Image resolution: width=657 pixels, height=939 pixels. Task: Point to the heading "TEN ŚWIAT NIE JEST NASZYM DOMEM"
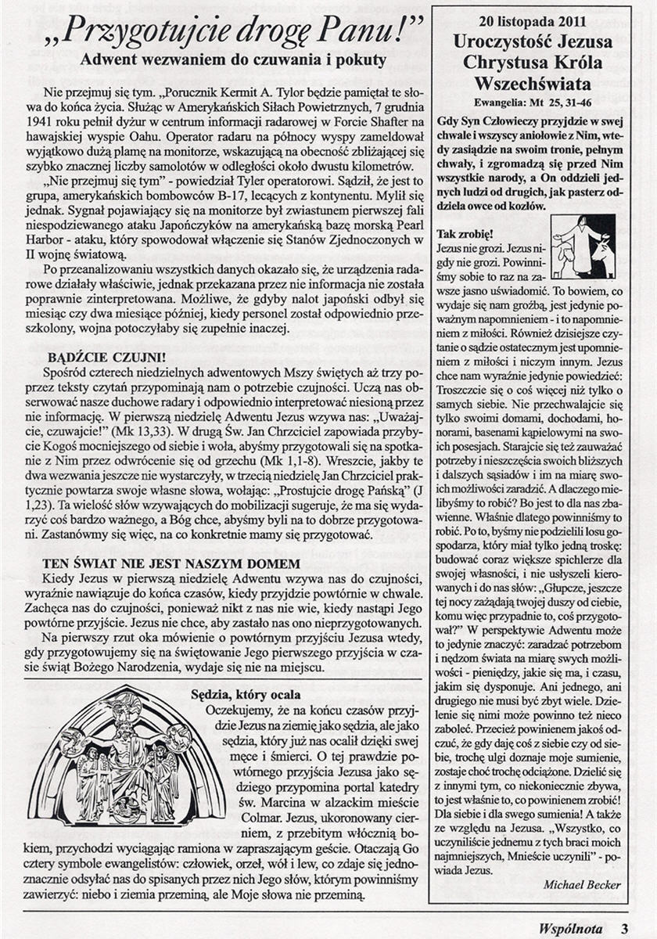(x=172, y=563)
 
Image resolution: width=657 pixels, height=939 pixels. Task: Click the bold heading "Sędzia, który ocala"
(x=246, y=693)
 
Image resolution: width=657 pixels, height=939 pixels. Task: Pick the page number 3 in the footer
(x=625, y=929)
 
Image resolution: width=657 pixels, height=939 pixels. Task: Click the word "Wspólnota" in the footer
(x=570, y=929)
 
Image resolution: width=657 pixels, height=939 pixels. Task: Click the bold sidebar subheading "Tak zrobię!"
(x=465, y=233)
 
